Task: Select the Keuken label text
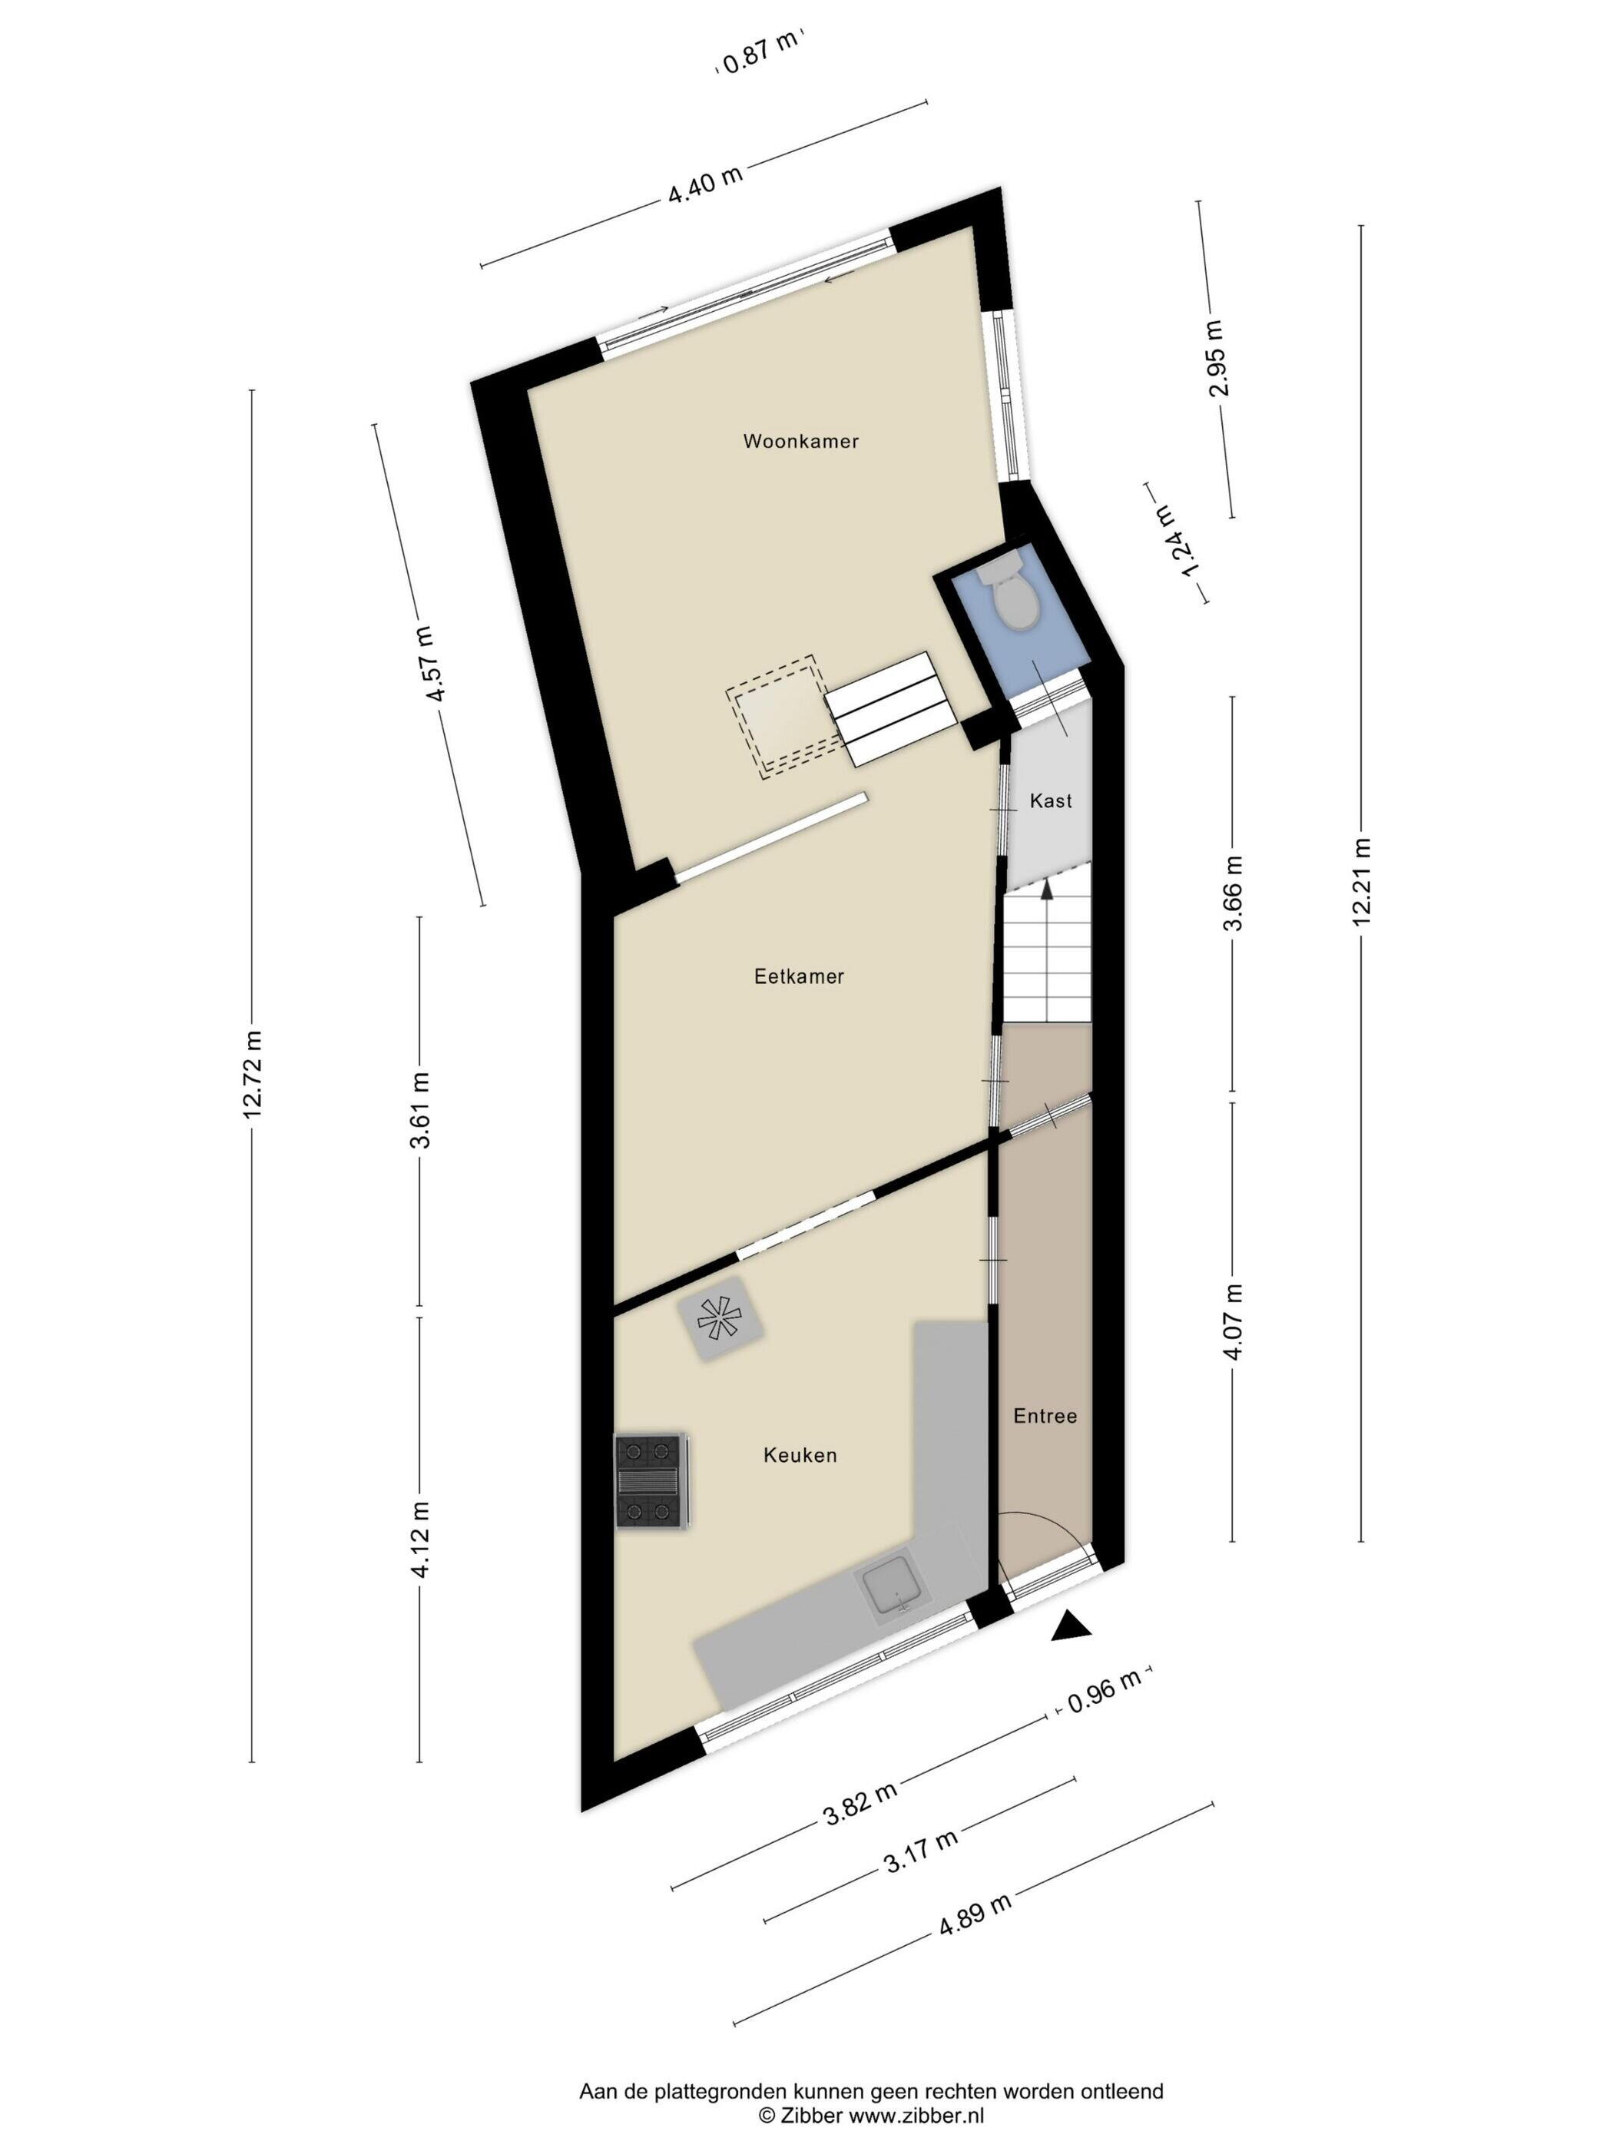click(x=800, y=1456)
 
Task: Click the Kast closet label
click(x=1050, y=800)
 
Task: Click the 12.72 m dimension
click(x=253, y=1075)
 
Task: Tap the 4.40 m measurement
click(x=705, y=185)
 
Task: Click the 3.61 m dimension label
click(x=420, y=1109)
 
